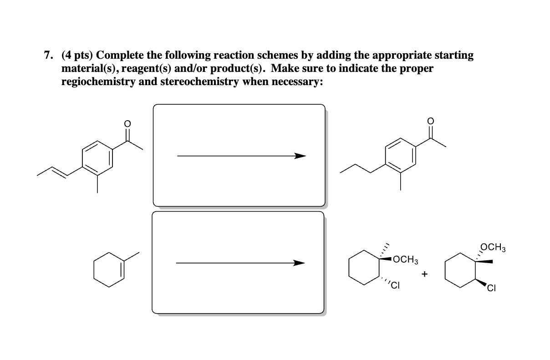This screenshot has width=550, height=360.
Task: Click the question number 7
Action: [46, 56]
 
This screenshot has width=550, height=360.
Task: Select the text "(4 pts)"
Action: [77, 56]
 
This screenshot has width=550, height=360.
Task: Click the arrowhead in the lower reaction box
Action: [299, 263]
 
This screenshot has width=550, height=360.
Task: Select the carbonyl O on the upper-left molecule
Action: [127, 124]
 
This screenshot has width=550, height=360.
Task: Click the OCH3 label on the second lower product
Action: [493, 248]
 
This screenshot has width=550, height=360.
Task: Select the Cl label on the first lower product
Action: [395, 286]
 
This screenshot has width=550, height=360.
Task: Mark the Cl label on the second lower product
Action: [490, 288]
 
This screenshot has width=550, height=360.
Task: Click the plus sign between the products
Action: [425, 274]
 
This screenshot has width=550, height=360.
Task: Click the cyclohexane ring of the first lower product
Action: [365, 270]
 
